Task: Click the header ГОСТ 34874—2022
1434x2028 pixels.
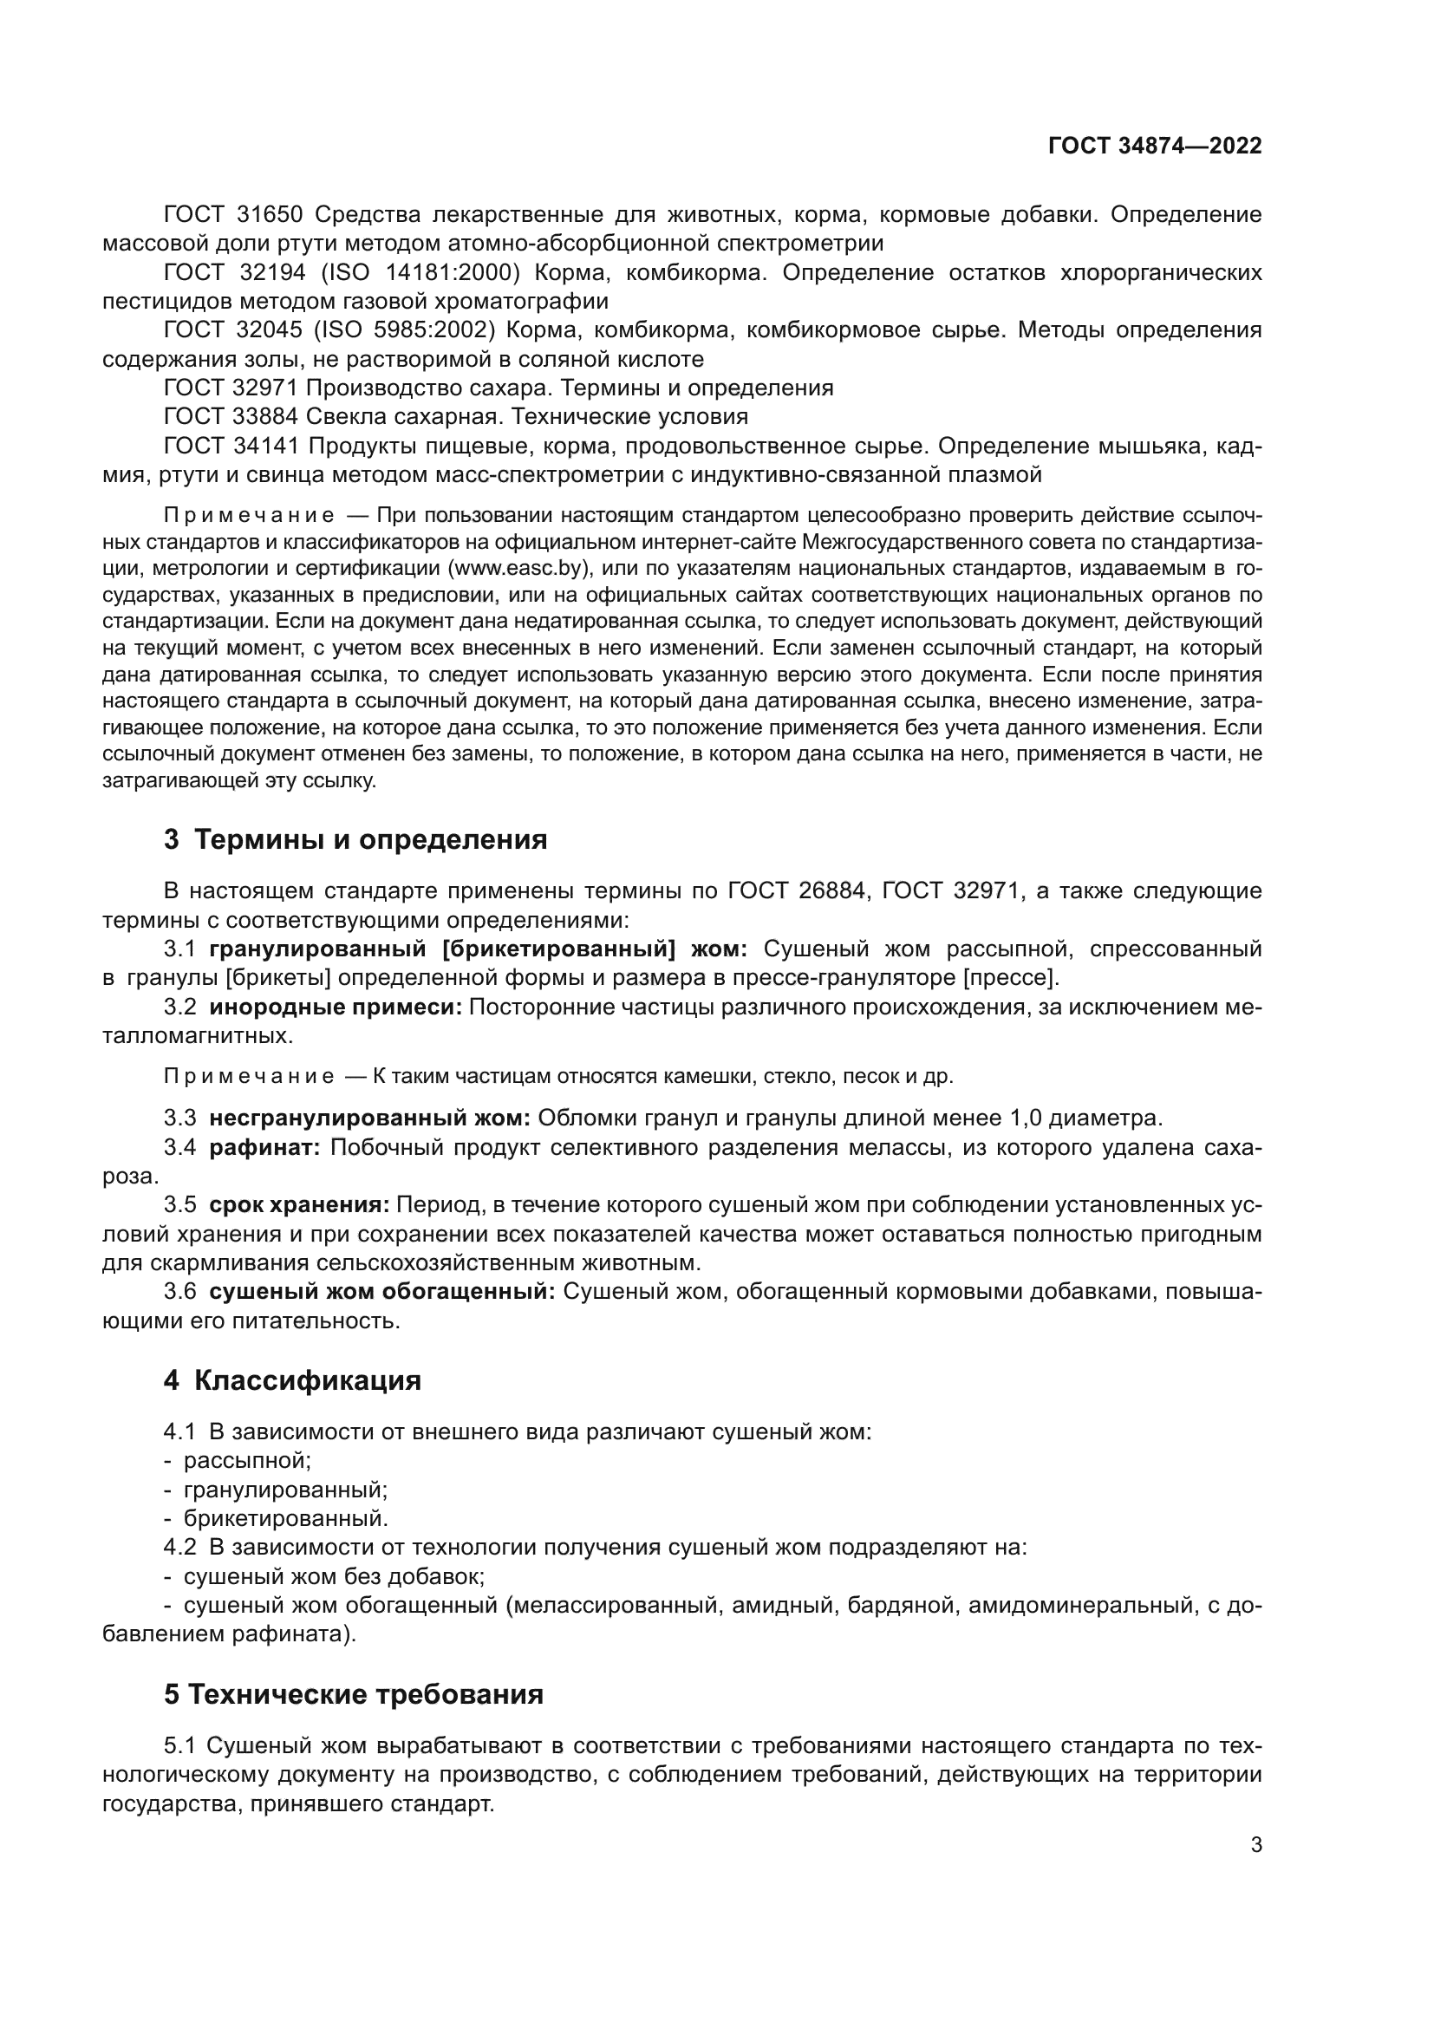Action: coord(1154,146)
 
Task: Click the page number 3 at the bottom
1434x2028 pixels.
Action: coord(1255,1844)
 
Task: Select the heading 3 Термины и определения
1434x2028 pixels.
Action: coord(355,839)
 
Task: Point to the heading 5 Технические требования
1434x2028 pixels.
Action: coord(353,1694)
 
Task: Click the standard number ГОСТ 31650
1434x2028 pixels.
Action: coord(233,214)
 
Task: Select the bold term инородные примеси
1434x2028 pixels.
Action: coord(336,1007)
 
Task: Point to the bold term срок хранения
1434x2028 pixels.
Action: coord(299,1205)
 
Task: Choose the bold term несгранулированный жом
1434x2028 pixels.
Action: coord(369,1118)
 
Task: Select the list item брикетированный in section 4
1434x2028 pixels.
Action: coord(285,1518)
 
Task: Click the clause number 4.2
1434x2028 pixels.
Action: coord(179,1547)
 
